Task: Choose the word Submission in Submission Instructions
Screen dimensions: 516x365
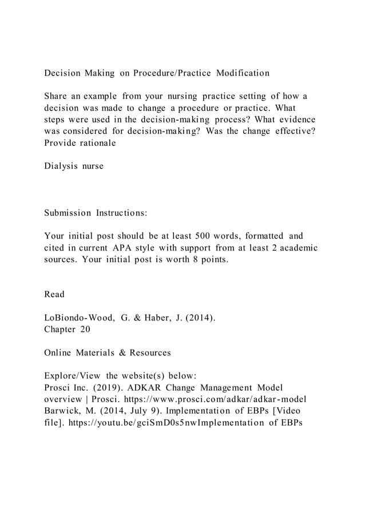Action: [68, 213]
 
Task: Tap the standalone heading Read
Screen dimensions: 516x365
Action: [54, 295]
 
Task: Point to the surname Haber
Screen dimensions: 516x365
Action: [151, 318]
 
